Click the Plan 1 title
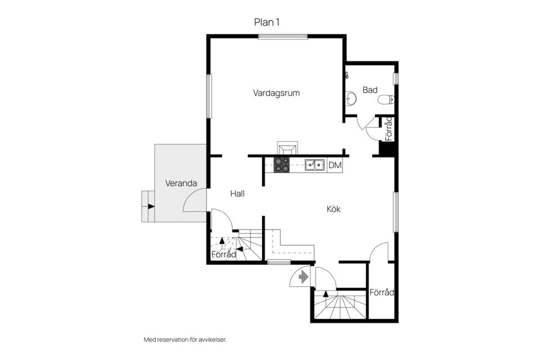click(x=267, y=22)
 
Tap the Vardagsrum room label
click(x=276, y=93)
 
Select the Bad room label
click(x=370, y=90)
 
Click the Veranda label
click(x=181, y=183)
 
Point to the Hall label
click(x=237, y=193)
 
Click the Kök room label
click(x=334, y=209)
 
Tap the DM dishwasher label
click(x=335, y=165)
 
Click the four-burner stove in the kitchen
click(x=281, y=165)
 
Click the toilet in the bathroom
click(x=386, y=100)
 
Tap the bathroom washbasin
click(x=350, y=98)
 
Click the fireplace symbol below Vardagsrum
click(x=287, y=148)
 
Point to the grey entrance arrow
click(x=303, y=277)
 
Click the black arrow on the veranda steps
click(x=151, y=206)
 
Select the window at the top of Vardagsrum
click(x=283, y=37)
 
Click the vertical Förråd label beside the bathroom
click(x=389, y=129)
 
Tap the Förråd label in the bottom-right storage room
click(x=381, y=292)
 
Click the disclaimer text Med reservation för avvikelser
click(x=185, y=340)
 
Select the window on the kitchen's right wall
click(x=396, y=212)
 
